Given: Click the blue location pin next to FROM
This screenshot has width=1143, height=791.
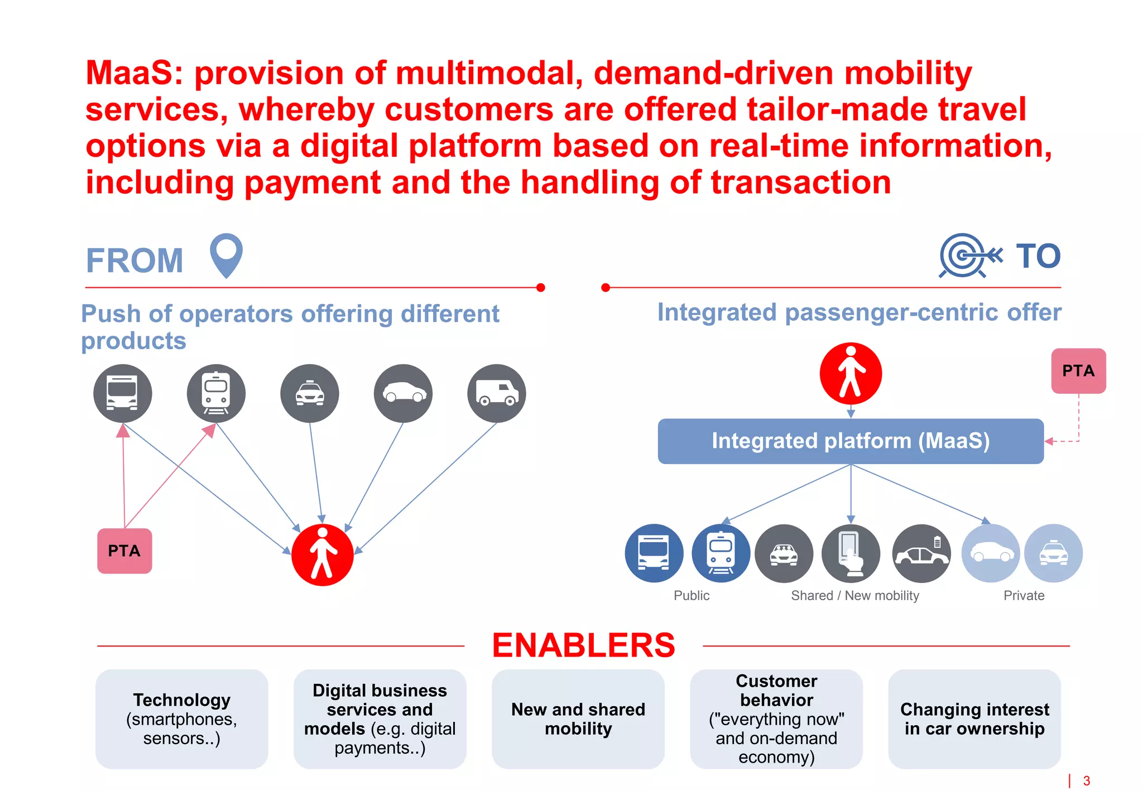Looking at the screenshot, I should point(226,254).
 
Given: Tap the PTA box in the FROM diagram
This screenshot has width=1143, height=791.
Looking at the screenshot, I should point(124,551).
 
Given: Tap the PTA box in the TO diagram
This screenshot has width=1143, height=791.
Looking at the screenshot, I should point(1078,371).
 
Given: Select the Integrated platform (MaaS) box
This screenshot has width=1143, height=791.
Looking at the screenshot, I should point(850,441).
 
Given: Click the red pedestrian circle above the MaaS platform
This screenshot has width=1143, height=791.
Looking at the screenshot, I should point(851,373).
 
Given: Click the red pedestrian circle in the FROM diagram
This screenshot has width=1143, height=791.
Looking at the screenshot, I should point(323,554).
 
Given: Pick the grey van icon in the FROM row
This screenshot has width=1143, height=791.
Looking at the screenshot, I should point(496,393).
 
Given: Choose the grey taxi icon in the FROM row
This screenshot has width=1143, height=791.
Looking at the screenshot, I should point(309,393).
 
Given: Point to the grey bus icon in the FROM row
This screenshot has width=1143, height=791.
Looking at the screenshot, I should point(122,393).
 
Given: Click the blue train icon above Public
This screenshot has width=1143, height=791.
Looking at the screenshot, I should point(721,553).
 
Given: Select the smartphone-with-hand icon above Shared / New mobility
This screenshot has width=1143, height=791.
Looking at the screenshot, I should point(851,553).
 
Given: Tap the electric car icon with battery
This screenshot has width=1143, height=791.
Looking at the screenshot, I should point(921,553).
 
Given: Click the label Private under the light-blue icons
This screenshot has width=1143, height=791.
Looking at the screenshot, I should point(1024,596).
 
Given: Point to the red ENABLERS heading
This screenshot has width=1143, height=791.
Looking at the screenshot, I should point(583,645).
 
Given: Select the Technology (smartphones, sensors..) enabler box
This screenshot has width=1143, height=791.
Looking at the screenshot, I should point(181,718).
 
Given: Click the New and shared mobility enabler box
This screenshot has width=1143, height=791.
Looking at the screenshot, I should point(578,718).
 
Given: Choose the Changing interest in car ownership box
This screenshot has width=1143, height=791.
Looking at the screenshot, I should point(974,718).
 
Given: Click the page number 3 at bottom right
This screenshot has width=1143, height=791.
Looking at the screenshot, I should point(1086,780).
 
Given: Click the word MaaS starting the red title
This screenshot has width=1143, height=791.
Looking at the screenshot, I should point(129,73).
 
